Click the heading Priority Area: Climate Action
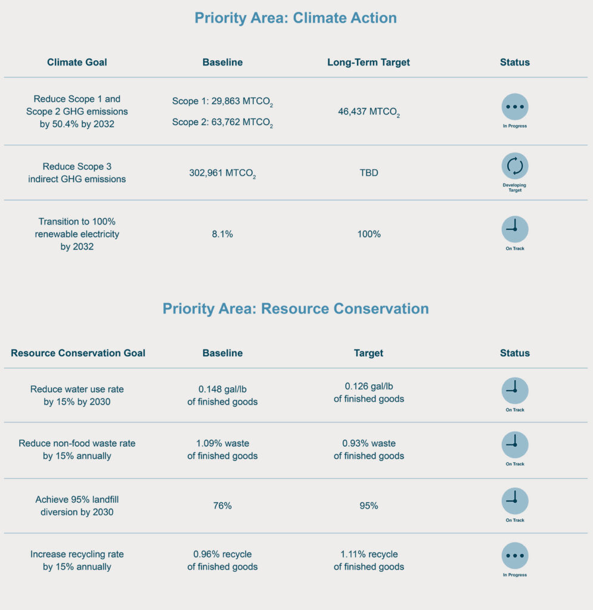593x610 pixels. coord(296,18)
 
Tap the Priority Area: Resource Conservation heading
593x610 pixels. coord(296,309)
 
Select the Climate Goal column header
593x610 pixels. coord(77,62)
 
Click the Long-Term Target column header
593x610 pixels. coord(368,62)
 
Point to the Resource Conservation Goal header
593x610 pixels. coord(78,353)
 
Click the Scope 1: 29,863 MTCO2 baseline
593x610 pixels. coord(222,101)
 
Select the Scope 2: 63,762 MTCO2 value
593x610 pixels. coord(222,123)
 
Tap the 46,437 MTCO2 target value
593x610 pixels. coord(369,112)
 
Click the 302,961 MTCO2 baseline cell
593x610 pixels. coord(222,173)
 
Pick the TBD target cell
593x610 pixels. coord(369,173)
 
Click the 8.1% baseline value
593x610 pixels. coord(222,234)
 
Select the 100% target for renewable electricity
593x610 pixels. coord(369,234)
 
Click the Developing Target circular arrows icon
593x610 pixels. coord(515,166)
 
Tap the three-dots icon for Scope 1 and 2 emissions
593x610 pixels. coord(515,107)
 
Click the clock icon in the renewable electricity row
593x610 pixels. coord(515,229)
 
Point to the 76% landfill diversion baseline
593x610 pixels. coord(222,506)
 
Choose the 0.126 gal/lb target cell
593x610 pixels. coord(369,393)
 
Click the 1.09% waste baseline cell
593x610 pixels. coord(222,449)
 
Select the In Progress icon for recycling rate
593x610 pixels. coord(515,556)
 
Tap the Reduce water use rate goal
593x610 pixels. coord(77,396)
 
